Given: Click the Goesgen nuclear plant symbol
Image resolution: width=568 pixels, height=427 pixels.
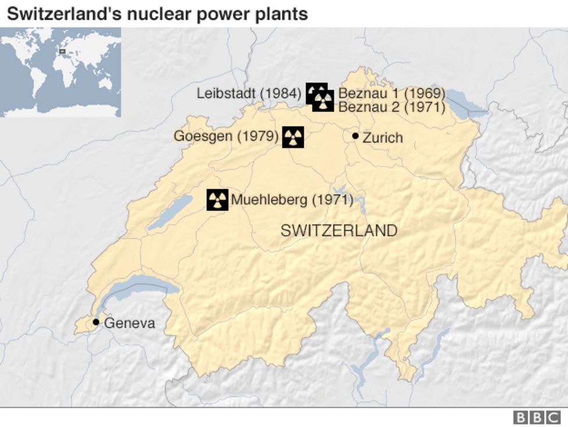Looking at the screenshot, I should (293, 137).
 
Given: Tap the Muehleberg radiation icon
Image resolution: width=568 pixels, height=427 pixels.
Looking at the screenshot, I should (218, 200).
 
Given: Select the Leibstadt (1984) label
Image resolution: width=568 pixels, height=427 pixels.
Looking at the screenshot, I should (249, 93).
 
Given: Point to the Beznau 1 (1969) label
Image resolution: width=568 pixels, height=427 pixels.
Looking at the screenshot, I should (392, 93).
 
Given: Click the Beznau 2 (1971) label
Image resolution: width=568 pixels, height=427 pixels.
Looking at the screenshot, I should (392, 107).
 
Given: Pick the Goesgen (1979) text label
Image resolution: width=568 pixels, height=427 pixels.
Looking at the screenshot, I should (226, 137).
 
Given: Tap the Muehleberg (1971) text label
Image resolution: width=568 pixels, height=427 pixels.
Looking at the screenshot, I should (292, 200).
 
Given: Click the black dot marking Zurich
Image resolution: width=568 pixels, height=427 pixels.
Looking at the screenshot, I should (355, 136).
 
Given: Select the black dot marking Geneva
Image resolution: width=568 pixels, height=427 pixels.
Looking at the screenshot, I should (96, 322).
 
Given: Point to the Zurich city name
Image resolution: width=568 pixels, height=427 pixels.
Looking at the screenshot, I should (382, 138).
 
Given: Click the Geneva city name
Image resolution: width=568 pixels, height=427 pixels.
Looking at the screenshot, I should (130, 323).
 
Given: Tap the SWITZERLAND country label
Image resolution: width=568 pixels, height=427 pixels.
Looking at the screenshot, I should (339, 231).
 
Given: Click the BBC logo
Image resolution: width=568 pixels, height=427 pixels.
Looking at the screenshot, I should (536, 417).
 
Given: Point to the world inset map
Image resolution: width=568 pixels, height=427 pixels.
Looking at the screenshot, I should (61, 72).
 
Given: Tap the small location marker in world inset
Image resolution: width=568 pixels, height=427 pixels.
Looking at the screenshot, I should (62, 52).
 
